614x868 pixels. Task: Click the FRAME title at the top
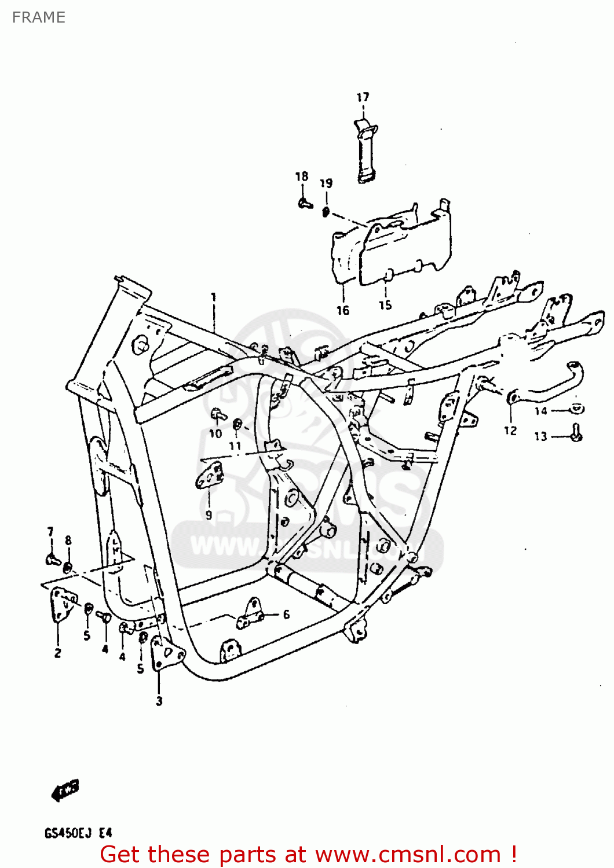click(x=38, y=17)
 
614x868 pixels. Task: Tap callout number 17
click(x=363, y=97)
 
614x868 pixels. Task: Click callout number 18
click(x=302, y=176)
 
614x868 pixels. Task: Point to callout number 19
click(x=326, y=183)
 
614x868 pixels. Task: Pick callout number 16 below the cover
click(x=343, y=311)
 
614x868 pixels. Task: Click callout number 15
click(x=385, y=305)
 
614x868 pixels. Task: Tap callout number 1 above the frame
click(x=213, y=297)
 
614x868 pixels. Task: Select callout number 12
click(x=510, y=431)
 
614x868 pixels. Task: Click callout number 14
click(x=540, y=411)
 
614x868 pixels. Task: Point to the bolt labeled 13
click(x=576, y=433)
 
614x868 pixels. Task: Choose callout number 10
click(x=215, y=433)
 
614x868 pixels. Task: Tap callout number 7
click(x=50, y=532)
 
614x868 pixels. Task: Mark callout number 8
click(x=68, y=540)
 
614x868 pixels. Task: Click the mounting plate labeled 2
click(x=63, y=605)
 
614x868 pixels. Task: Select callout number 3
click(x=159, y=701)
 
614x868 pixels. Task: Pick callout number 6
click(x=286, y=615)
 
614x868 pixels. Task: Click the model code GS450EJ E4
click(x=78, y=834)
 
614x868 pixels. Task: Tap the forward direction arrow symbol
click(x=65, y=790)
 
